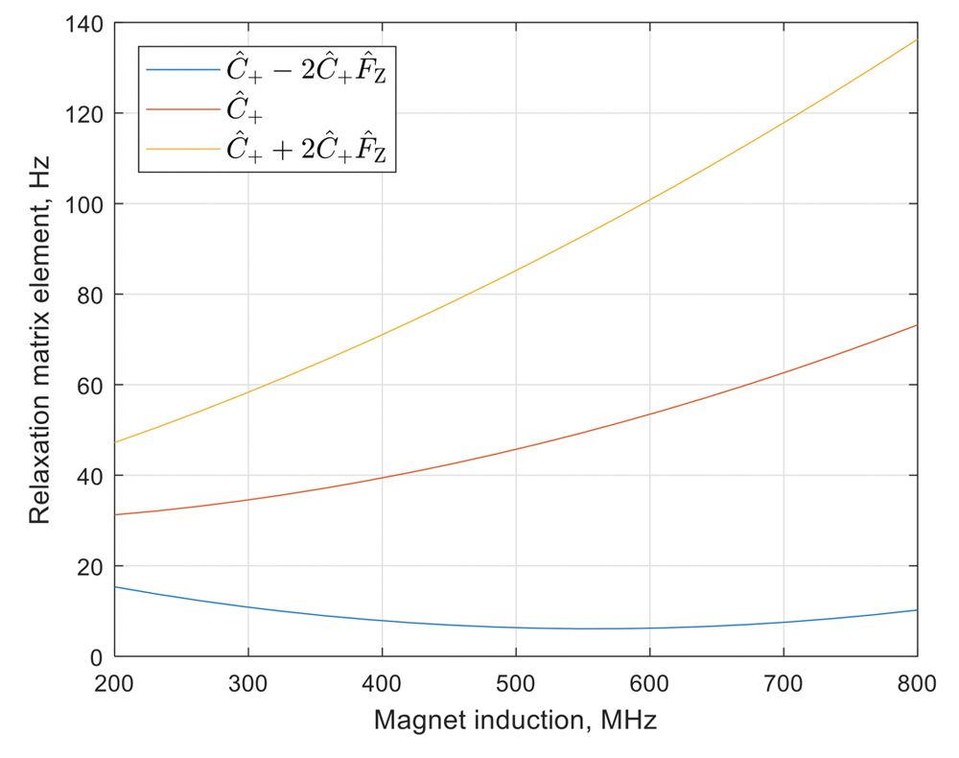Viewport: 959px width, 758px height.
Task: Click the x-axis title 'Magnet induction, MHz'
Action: tap(515, 720)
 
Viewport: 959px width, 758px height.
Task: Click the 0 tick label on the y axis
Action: tap(97, 658)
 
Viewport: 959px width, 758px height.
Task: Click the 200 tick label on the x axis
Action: tap(115, 681)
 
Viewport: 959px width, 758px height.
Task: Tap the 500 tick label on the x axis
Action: tap(516, 681)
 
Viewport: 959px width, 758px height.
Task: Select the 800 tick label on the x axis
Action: tap(917, 681)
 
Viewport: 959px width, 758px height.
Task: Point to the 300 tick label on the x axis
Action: tap(248, 681)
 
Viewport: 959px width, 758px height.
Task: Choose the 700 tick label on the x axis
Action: tap(784, 681)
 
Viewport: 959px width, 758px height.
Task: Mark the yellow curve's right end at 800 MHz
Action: tap(917, 39)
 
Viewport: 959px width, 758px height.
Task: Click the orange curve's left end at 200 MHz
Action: tap(115, 515)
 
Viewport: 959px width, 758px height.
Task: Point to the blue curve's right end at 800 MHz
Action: tap(917, 610)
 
